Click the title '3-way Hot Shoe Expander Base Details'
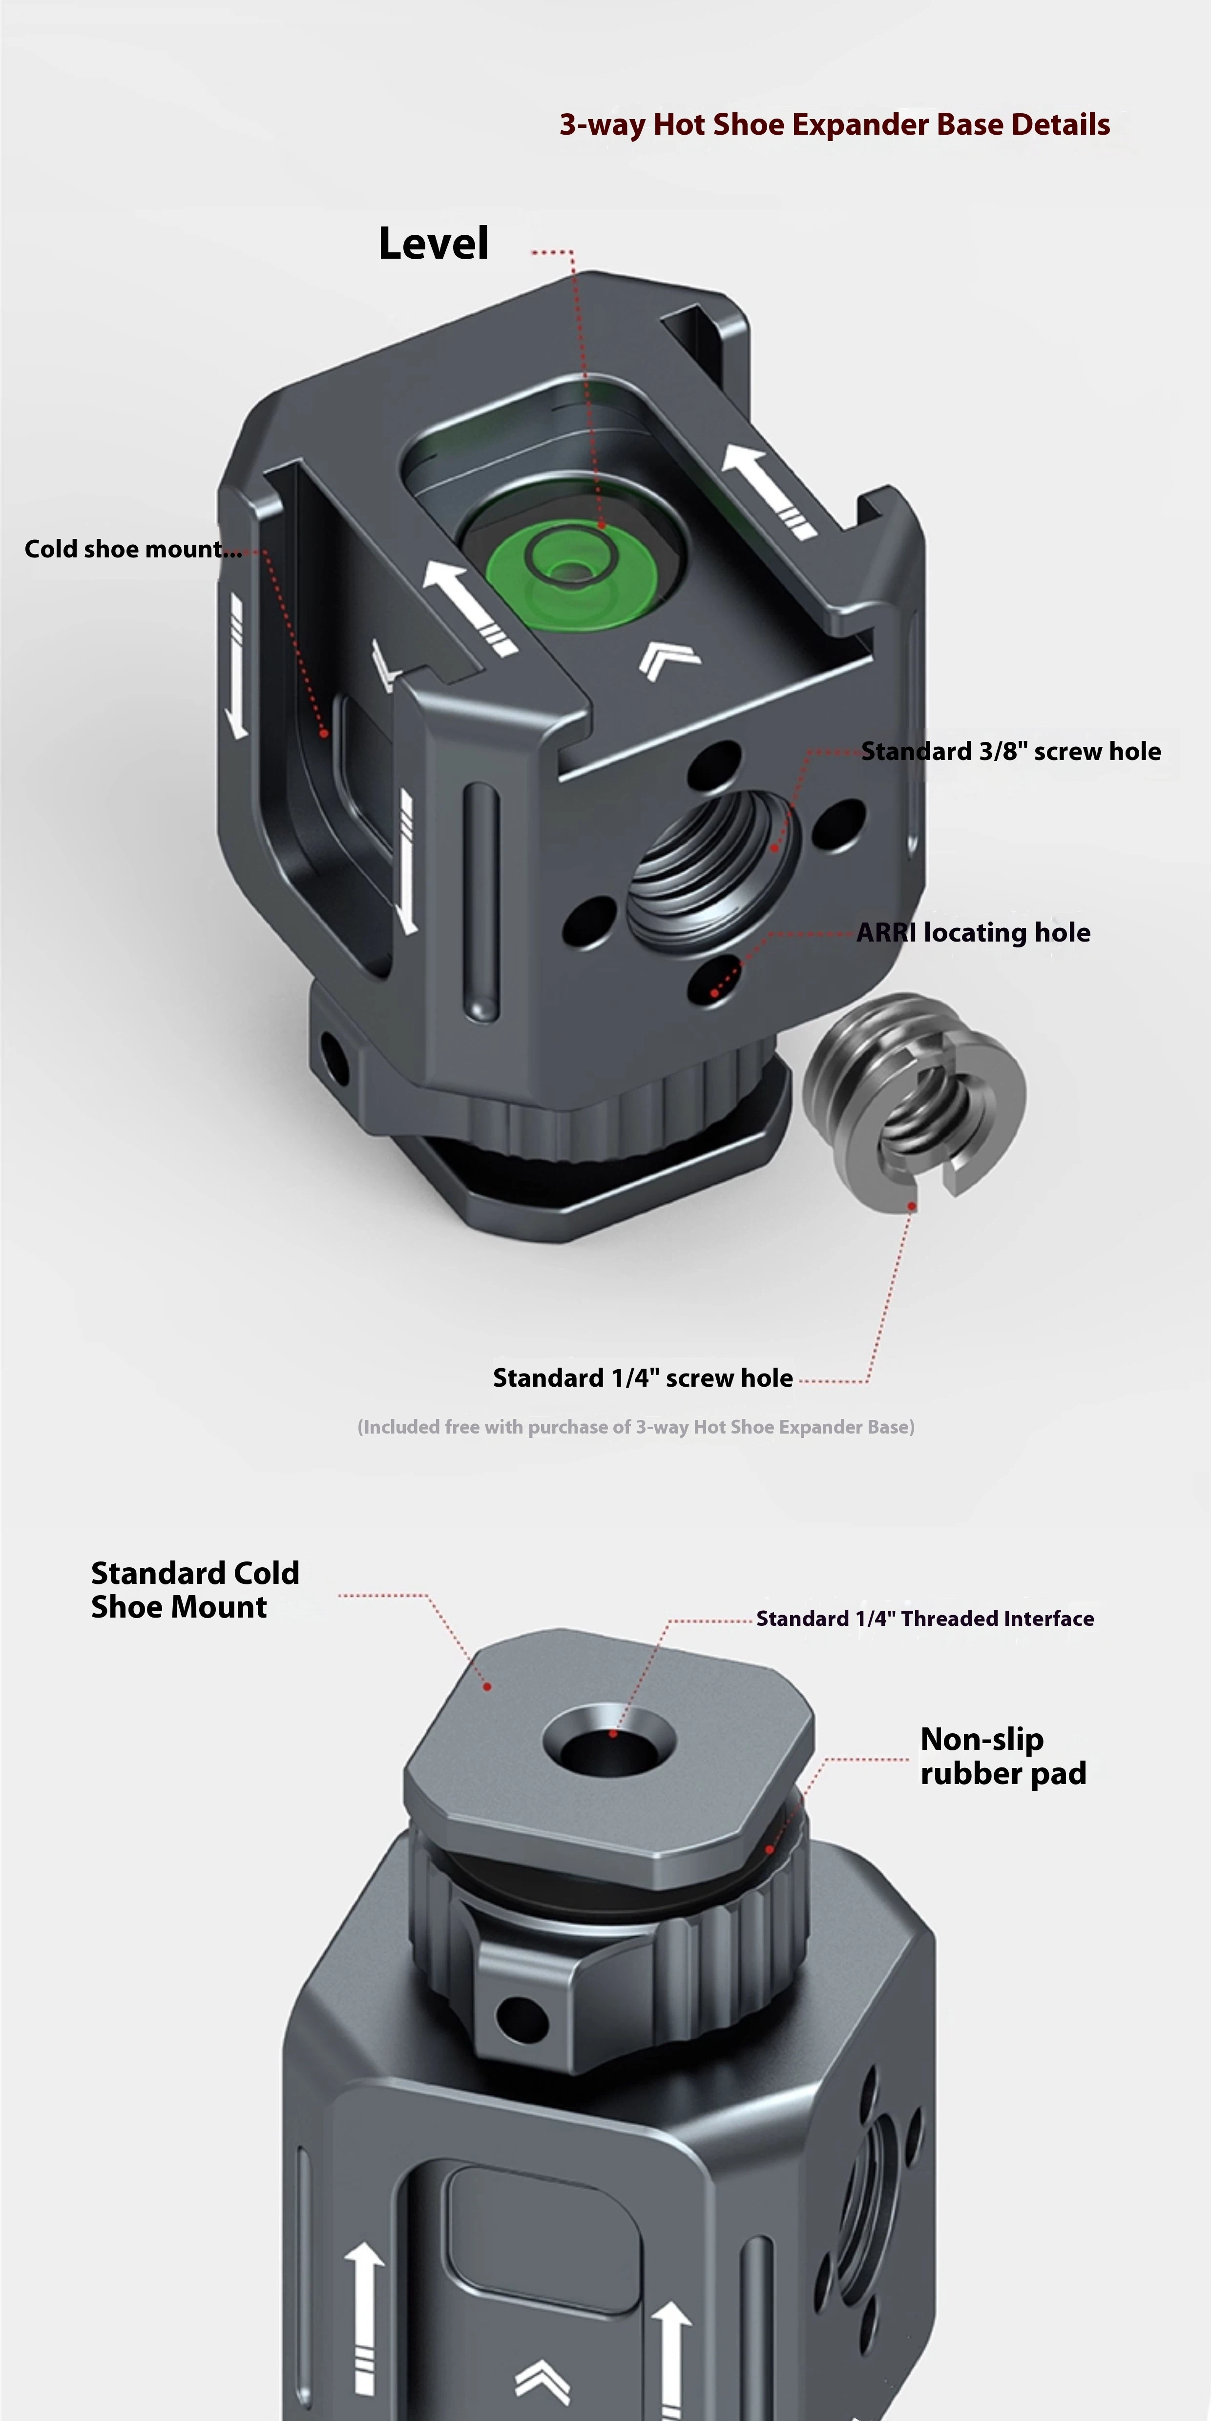tap(834, 125)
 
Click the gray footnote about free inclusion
tap(636, 1427)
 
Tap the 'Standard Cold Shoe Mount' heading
tap(195, 1589)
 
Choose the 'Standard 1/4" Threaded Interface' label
tap(925, 1619)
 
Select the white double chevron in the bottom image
tap(543, 2379)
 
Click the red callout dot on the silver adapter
tap(910, 1206)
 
